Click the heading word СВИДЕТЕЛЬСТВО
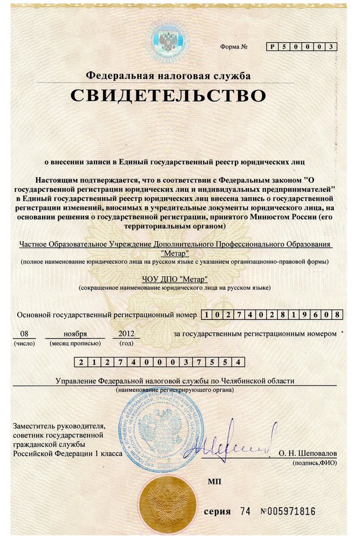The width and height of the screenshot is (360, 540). click(168, 96)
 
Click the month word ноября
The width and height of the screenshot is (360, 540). click(75, 333)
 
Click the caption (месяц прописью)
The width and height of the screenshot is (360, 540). click(74, 343)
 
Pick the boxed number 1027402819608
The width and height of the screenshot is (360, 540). click(272, 314)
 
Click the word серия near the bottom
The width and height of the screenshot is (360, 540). click(216, 511)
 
